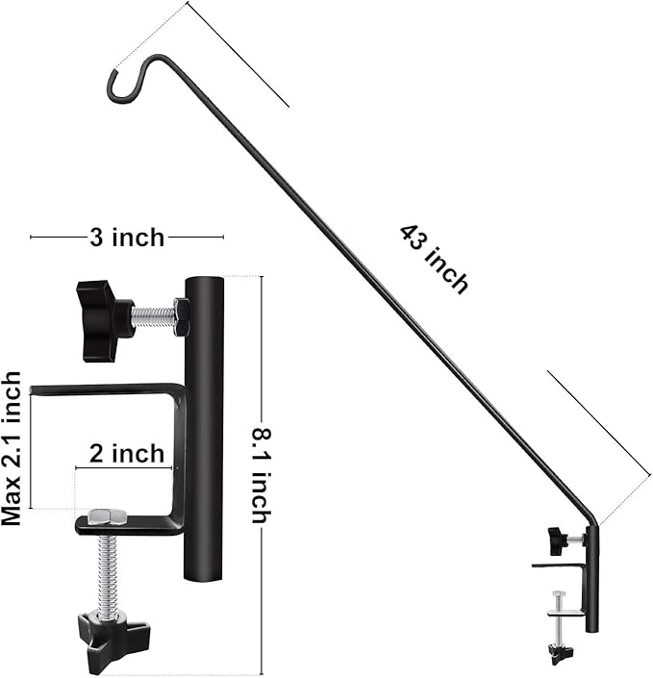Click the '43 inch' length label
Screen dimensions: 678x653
coord(434,259)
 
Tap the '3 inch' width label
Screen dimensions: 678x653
coord(127,237)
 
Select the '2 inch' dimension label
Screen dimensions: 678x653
coord(126,454)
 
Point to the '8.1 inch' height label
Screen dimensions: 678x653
coord(260,476)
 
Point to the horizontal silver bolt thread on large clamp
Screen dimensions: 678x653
coord(153,316)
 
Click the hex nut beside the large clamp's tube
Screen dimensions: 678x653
coord(181,316)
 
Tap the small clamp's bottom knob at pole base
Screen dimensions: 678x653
coord(561,654)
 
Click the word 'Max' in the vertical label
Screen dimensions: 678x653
coord(12,505)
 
